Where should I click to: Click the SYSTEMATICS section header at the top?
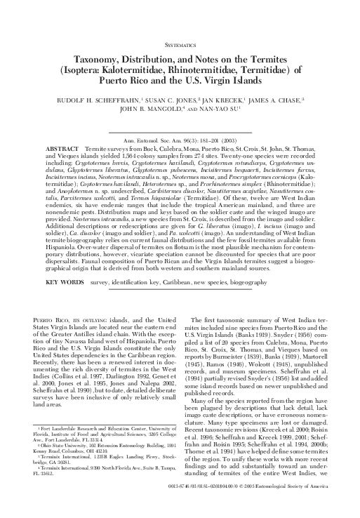180,43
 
